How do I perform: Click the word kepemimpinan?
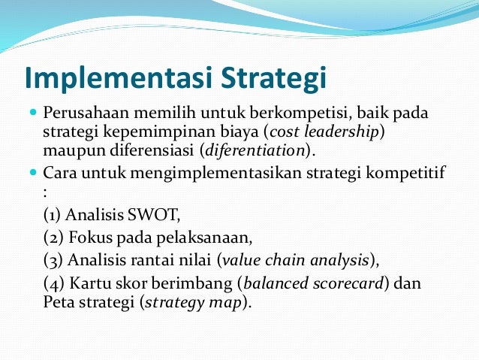pos(149,132)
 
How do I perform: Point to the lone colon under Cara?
pos(46,191)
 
